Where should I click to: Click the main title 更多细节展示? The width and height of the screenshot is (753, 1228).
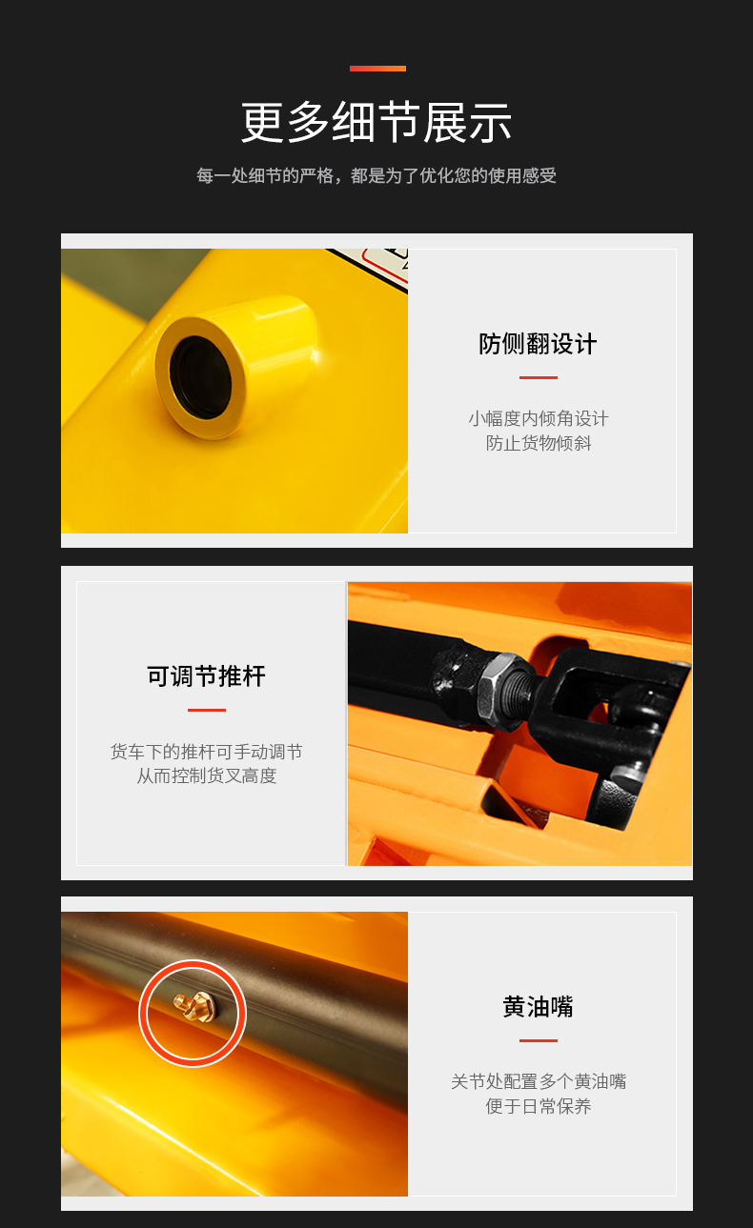(x=376, y=122)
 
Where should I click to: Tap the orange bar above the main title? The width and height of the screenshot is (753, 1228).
(x=377, y=69)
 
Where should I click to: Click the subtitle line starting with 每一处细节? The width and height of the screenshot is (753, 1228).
(x=376, y=175)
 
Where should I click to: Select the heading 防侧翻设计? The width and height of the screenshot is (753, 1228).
(x=538, y=344)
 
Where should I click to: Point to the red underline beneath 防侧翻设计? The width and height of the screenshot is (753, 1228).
(x=538, y=377)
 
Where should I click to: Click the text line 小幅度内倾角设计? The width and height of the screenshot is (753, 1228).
(x=538, y=419)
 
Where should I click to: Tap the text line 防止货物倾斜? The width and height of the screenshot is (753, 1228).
(x=538, y=443)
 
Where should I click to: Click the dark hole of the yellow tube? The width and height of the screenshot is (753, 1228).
(x=200, y=377)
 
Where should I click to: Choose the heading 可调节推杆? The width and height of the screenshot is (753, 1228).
(x=206, y=676)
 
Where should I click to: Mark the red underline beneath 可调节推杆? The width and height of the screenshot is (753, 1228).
(x=206, y=710)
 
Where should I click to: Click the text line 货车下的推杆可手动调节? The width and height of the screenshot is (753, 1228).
(x=206, y=752)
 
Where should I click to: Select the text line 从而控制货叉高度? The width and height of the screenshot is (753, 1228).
(x=206, y=775)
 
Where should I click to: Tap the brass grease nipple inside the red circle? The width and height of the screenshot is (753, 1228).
(x=194, y=1007)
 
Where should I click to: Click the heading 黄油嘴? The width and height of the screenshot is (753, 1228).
(x=538, y=1007)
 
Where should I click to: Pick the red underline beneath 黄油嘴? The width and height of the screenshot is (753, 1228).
(x=538, y=1040)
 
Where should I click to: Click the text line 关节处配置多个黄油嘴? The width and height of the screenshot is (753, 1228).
(x=538, y=1081)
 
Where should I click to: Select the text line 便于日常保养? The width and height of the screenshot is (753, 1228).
(x=538, y=1106)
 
